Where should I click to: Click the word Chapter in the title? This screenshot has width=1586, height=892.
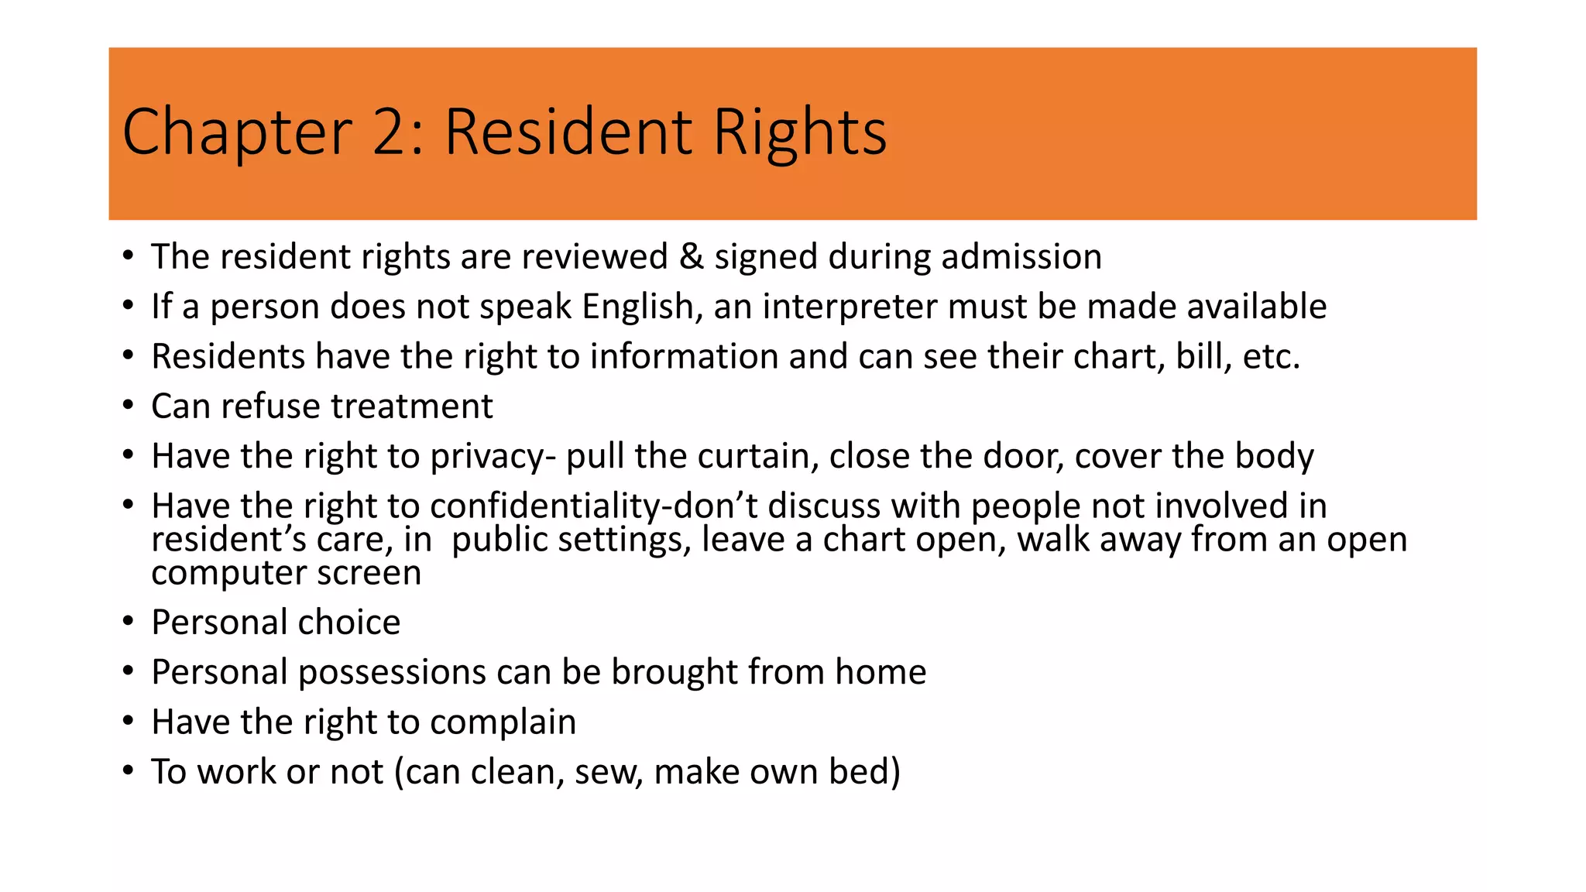click(x=237, y=133)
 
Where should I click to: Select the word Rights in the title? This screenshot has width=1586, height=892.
click(x=800, y=133)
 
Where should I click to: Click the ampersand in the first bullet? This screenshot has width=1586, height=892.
click(x=691, y=257)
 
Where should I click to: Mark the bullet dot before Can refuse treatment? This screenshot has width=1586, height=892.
click(x=129, y=405)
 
